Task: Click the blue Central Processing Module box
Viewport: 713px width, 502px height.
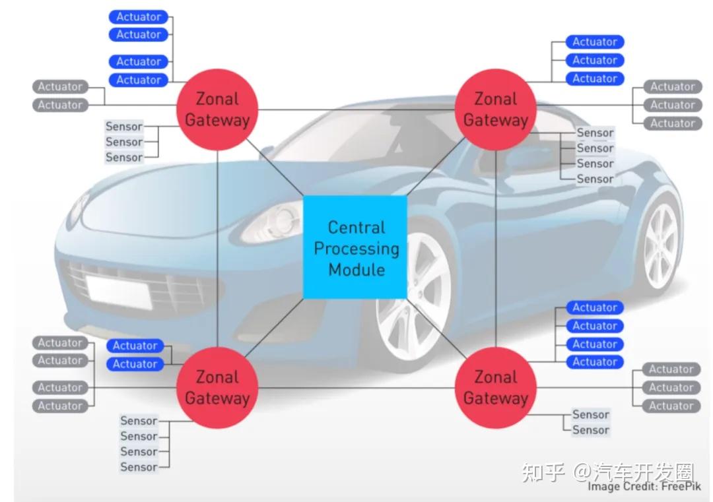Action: [355, 247]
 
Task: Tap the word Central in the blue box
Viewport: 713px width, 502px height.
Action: [356, 227]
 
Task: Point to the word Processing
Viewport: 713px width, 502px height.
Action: [356, 249]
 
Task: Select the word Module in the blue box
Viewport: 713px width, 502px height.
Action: [356, 270]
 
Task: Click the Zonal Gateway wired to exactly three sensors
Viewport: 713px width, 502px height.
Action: [217, 110]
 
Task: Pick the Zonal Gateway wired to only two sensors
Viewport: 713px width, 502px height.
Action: [496, 387]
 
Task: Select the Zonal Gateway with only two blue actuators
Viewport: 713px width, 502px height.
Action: [217, 387]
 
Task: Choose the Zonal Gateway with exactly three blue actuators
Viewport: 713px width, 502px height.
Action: [496, 110]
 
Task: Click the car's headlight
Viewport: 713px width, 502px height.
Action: [272, 222]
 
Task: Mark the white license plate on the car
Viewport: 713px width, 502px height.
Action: [118, 292]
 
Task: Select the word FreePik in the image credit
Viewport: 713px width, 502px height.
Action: [681, 487]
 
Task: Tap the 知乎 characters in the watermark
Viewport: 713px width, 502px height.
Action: [543, 472]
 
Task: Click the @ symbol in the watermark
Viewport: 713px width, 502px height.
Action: [582, 472]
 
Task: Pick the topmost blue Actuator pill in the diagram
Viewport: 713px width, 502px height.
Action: [138, 16]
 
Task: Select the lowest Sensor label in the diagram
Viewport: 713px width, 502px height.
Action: [139, 467]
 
